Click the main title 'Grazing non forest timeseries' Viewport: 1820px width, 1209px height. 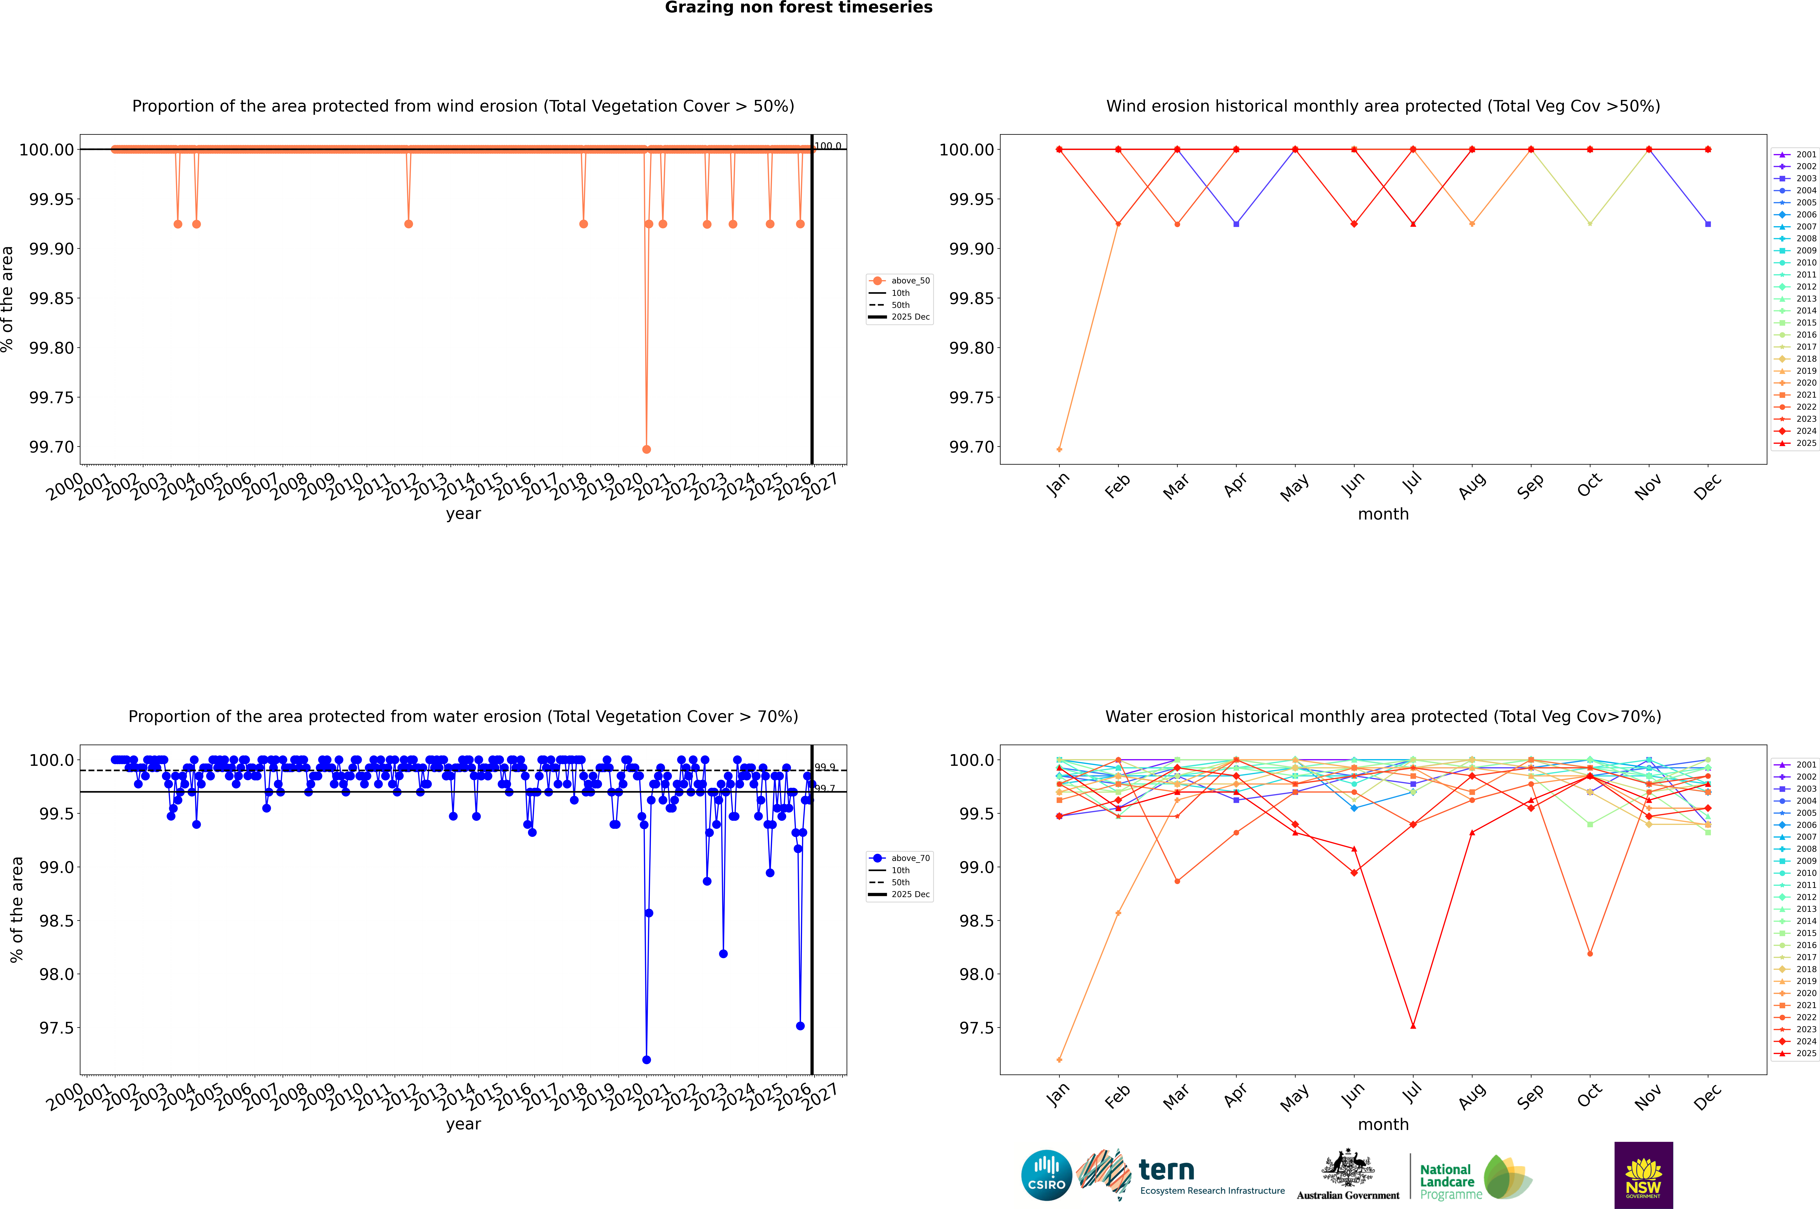pyautogui.click(x=799, y=8)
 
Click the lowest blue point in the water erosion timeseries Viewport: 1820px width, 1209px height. pyautogui.click(x=647, y=1059)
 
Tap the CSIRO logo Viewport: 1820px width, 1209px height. pyautogui.click(x=1046, y=1175)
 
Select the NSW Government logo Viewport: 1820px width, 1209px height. pyautogui.click(x=1643, y=1175)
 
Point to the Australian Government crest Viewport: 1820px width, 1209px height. pyautogui.click(x=1347, y=1168)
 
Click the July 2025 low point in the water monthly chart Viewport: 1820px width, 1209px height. pyautogui.click(x=1413, y=1025)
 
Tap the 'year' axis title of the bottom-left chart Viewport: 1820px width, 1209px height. pyautogui.click(x=463, y=1124)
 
